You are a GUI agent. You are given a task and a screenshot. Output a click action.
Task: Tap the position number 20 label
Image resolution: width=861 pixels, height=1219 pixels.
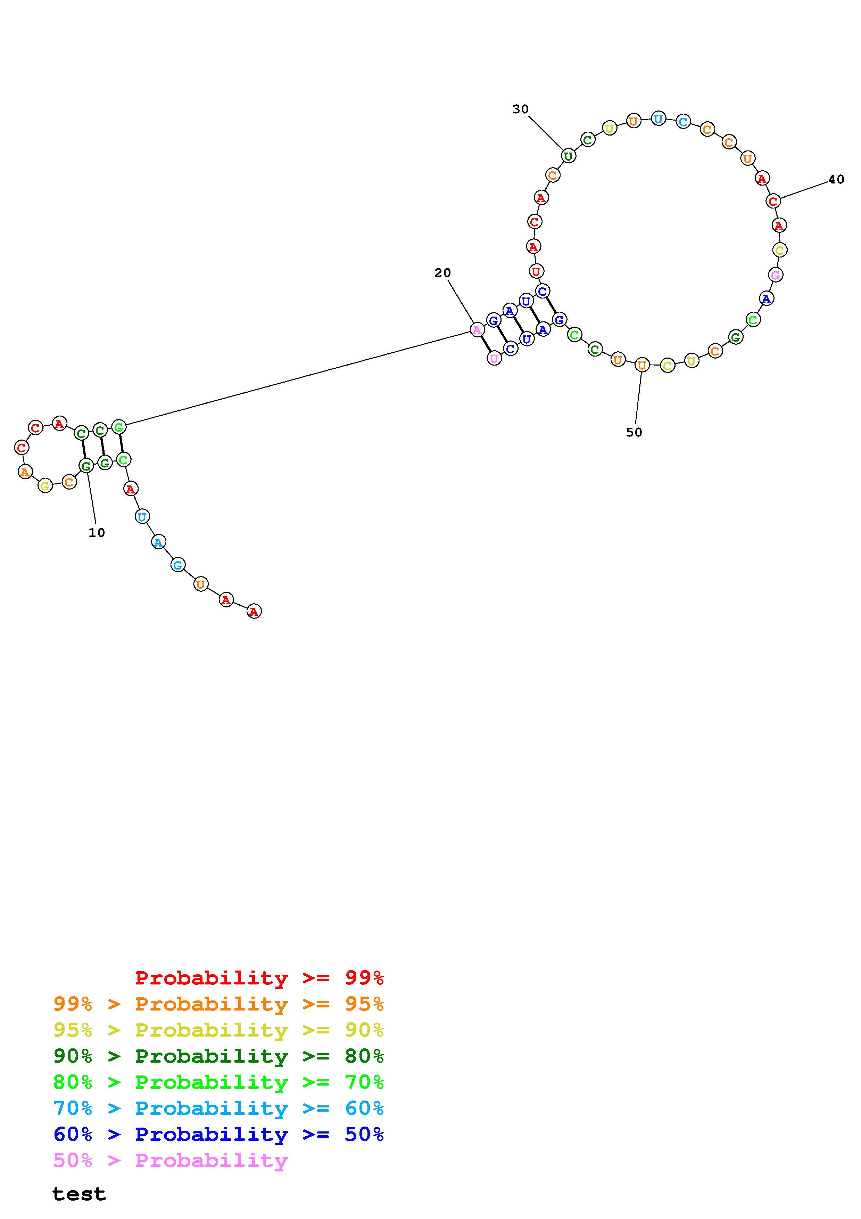[442, 273]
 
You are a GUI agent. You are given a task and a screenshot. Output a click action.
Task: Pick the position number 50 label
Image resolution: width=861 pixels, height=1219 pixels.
[634, 432]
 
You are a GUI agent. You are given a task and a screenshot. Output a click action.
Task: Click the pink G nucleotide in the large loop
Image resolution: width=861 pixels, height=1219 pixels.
[776, 275]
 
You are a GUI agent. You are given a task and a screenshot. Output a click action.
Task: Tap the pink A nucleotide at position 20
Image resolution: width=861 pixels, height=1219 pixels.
[477, 330]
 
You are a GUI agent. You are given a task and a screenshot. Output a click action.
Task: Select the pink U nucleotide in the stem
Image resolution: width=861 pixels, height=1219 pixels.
[494, 358]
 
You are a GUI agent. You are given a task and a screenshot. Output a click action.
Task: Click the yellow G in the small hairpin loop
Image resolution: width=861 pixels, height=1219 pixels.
[45, 485]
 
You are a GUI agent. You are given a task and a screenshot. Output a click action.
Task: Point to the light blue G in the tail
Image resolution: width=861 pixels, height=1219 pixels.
[178, 565]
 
